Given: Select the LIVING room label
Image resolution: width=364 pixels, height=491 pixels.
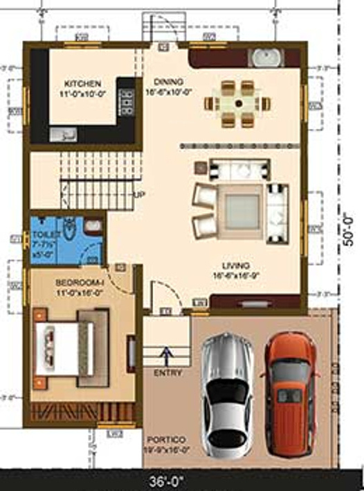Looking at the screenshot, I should pyautogui.click(x=236, y=266).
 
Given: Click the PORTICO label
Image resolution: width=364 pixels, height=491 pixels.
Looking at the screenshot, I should pyautogui.click(x=165, y=440).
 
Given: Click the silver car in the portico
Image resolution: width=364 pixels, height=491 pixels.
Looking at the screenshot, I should pyautogui.click(x=227, y=392).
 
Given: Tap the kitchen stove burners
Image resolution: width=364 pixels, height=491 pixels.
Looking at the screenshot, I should pyautogui.click(x=127, y=101).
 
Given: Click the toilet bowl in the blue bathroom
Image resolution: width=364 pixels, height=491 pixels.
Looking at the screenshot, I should pyautogui.click(x=70, y=228).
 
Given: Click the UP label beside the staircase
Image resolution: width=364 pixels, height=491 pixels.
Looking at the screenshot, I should pyautogui.click(x=138, y=195).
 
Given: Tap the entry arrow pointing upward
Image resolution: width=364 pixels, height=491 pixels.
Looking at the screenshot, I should pyautogui.click(x=166, y=356).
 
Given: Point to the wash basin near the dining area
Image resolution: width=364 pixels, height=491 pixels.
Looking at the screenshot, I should pyautogui.click(x=263, y=56).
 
